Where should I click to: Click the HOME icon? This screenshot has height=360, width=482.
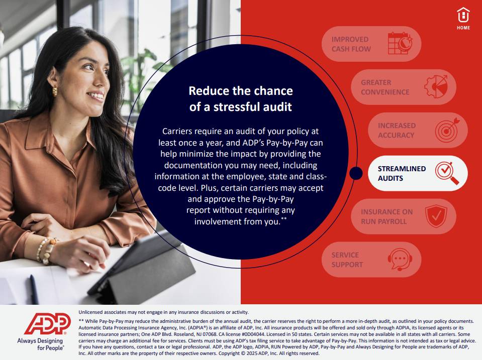pyautogui.click(x=463, y=19)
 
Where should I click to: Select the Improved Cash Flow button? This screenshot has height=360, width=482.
pyautogui.click(x=371, y=44)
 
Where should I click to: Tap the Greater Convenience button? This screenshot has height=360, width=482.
pyautogui.click(x=403, y=87)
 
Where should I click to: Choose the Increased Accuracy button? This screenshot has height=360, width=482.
pyautogui.click(x=418, y=130)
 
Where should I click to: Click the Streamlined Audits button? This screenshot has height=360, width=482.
pyautogui.click(x=418, y=173)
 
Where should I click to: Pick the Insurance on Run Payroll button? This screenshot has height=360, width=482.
pyautogui.click(x=403, y=216)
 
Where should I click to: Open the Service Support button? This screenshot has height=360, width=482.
pyautogui.click(x=371, y=260)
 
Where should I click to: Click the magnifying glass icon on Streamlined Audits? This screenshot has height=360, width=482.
pyautogui.click(x=447, y=173)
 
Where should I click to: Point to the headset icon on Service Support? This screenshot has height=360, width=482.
pyautogui.click(x=400, y=260)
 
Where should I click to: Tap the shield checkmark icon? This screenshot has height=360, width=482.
pyautogui.click(x=436, y=216)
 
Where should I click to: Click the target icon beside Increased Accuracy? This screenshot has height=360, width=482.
pyautogui.click(x=447, y=130)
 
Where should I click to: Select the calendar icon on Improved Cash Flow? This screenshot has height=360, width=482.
pyautogui.click(x=400, y=43)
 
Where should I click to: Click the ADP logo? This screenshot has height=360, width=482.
pyautogui.click(x=48, y=324)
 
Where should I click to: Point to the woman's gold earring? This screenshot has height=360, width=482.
pyautogui.click(x=55, y=91)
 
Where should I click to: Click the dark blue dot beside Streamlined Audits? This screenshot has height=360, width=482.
pyautogui.click(x=356, y=173)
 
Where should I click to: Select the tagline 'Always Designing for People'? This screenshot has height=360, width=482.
pyautogui.click(x=40, y=344)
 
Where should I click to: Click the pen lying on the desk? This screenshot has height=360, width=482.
pyautogui.click(x=34, y=289)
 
